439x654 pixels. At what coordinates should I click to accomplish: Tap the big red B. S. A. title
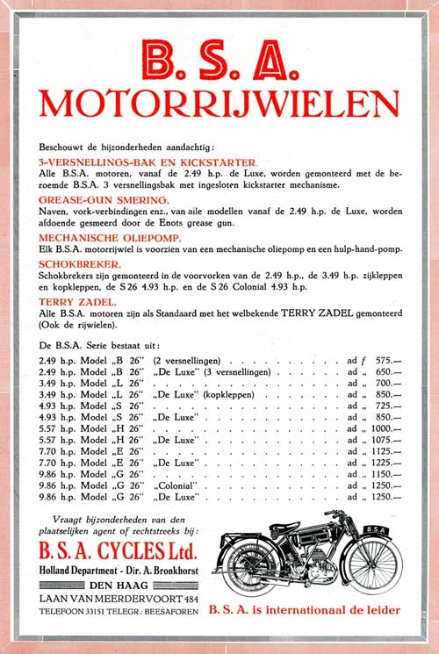219,61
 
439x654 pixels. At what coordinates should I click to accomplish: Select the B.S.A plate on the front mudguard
376,528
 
